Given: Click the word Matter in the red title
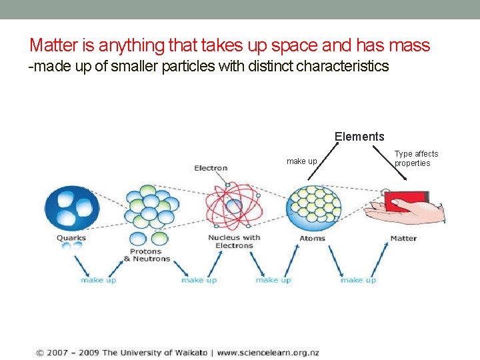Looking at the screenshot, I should pos(53,45).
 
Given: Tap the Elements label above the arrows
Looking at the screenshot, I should pos(359,137).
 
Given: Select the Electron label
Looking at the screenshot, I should pos(211,168).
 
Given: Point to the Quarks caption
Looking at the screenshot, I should pos(71,238).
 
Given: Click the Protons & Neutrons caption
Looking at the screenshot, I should pos(147,255).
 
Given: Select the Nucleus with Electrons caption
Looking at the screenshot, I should pos(234,241).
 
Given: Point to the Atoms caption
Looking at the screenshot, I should pos(312,238).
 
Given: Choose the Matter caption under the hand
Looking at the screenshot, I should pos(403,238).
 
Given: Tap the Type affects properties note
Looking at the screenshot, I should pos(416,159).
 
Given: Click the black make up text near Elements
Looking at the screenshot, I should pos(301,161).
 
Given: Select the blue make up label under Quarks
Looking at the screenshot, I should pos(98,280).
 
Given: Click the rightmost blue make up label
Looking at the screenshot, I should pos(358,280).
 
